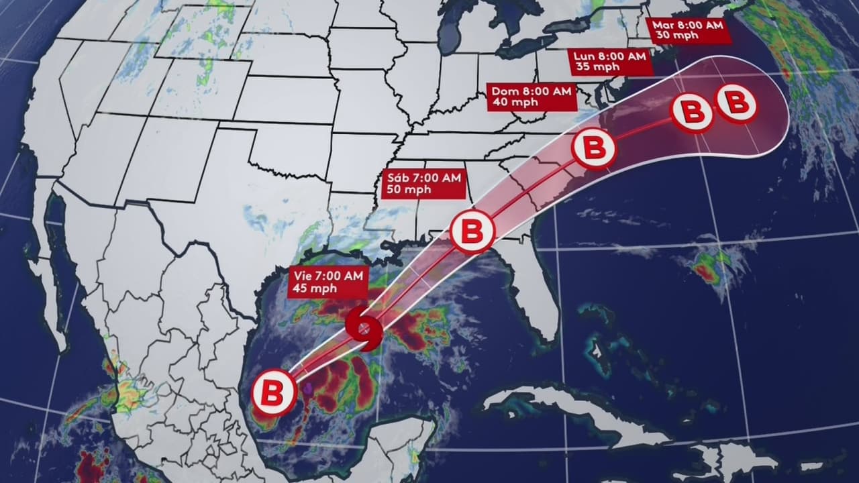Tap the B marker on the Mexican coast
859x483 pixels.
click(273, 392)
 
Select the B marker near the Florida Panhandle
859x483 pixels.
click(472, 231)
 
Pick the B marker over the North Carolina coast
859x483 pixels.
click(594, 148)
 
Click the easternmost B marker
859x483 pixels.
click(736, 103)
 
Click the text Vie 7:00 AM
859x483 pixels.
click(327, 275)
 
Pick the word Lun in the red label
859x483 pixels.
click(582, 55)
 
